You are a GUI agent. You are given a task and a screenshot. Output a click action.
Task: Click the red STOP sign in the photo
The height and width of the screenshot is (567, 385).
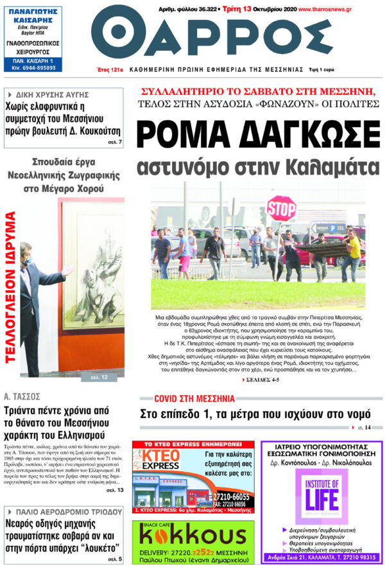[281, 209]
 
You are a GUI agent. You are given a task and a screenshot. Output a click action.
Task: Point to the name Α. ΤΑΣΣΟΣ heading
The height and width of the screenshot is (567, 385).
[22, 396]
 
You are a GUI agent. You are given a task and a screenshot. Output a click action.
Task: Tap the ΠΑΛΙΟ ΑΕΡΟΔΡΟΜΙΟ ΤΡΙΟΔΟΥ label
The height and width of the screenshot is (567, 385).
[58, 512]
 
